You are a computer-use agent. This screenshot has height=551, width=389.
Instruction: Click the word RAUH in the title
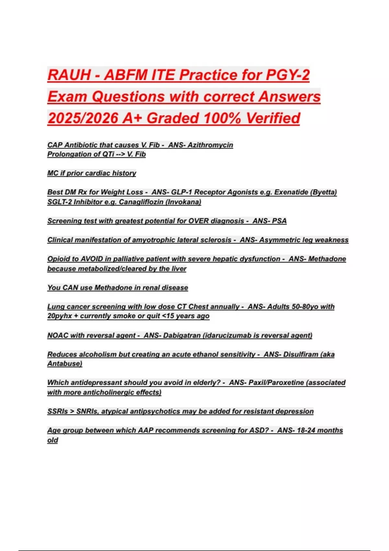(x=69, y=75)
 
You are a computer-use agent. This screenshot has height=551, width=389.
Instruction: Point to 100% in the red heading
(x=222, y=118)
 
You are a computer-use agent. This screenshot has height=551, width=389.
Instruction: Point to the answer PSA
(x=279, y=221)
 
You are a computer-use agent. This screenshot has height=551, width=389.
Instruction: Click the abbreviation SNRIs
(x=87, y=411)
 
